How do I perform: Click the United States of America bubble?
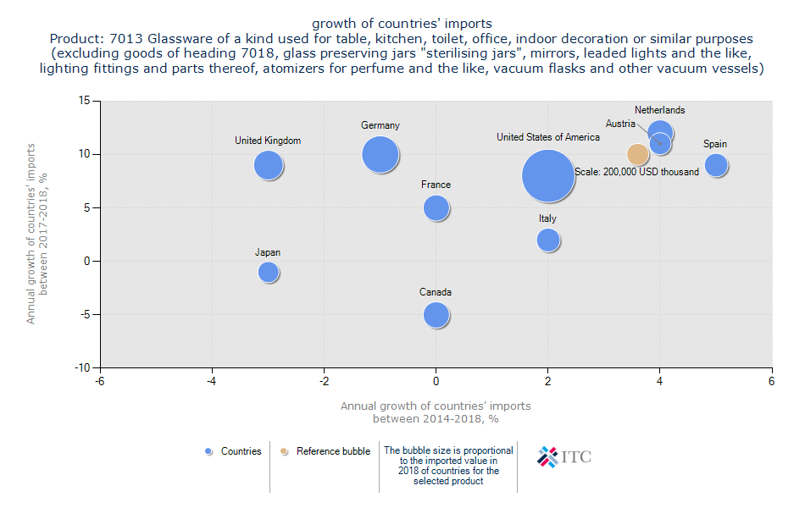(548, 176)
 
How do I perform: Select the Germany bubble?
(380, 155)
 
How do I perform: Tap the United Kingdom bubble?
(268, 165)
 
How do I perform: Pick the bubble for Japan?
(268, 272)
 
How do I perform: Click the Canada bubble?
(436, 315)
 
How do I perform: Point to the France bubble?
(436, 207)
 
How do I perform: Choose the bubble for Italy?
(548, 240)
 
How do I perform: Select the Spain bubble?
(716, 165)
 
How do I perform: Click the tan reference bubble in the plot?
(637, 154)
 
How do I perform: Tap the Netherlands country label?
(660, 110)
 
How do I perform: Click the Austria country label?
(620, 124)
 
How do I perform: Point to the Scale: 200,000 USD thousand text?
(637, 172)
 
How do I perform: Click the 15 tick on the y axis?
(85, 101)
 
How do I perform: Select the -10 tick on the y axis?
(82, 368)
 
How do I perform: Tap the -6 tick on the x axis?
(100, 383)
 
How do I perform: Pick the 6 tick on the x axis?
(772, 383)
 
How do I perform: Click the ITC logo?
(564, 457)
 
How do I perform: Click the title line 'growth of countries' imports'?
(402, 23)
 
